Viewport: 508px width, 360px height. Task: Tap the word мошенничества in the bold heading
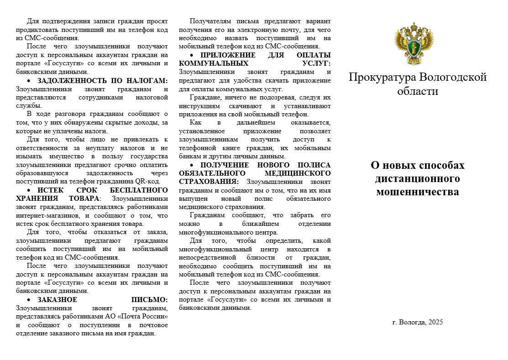(418, 192)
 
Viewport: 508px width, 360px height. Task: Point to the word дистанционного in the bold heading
(418, 178)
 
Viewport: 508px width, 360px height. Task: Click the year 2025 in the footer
(435, 322)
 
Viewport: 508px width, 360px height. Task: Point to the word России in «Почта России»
(155, 317)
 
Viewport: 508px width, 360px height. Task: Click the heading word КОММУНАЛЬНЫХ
(214, 63)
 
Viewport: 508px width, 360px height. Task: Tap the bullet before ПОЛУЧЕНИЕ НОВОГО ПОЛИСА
(192, 165)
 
